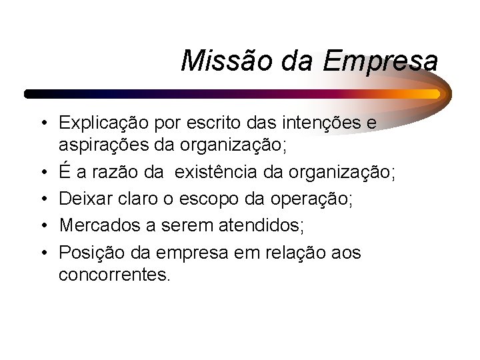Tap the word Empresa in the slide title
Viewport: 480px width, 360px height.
(x=381, y=62)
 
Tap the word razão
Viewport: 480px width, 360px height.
(x=120, y=173)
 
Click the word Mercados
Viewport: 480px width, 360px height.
(x=94, y=225)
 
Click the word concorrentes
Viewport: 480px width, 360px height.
(x=115, y=274)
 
